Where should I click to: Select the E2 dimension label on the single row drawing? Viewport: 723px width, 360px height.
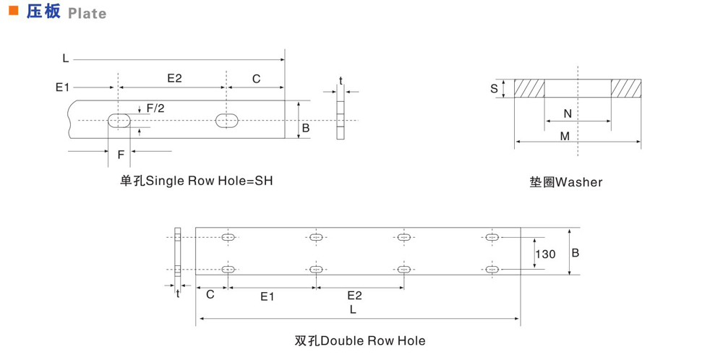[x=174, y=78]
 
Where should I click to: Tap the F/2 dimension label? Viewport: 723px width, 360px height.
[x=155, y=108]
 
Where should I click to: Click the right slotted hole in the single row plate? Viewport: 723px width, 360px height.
[x=228, y=120]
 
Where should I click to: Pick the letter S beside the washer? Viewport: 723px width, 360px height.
[x=494, y=89]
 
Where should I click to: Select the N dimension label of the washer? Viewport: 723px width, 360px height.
[x=567, y=113]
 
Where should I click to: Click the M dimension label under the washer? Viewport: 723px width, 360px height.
[x=565, y=136]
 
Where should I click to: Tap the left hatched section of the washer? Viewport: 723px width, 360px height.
[x=529, y=88]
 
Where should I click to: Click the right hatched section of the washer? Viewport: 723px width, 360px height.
[x=625, y=88]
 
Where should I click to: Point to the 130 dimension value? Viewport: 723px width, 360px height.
[x=545, y=254]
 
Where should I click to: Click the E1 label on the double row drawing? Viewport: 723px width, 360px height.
[x=267, y=296]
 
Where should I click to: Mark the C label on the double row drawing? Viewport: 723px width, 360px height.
[x=210, y=295]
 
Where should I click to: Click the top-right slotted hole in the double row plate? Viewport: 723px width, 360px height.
[x=492, y=237]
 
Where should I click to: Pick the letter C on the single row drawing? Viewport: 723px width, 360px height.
[x=256, y=78]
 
